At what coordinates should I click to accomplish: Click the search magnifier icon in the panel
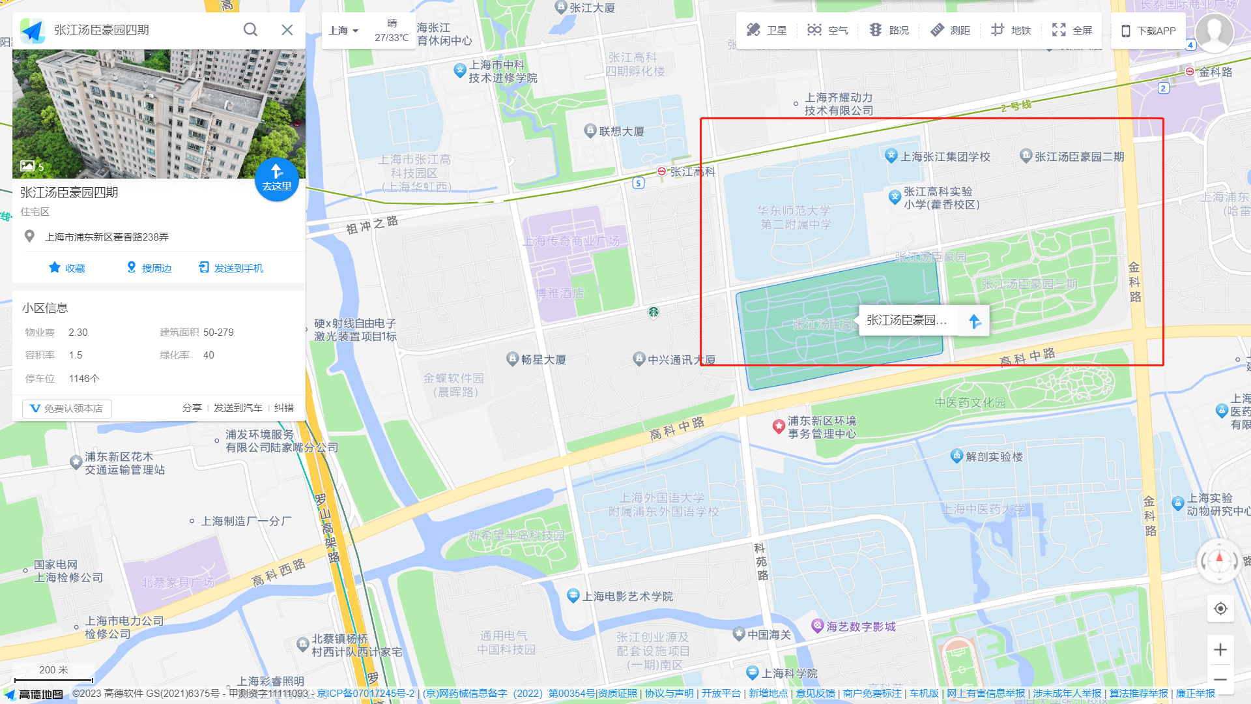pyautogui.click(x=250, y=30)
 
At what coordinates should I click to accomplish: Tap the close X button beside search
pyautogui.click(x=287, y=30)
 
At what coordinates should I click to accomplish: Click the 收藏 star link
pyautogui.click(x=67, y=268)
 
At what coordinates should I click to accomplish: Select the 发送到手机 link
pyautogui.click(x=231, y=268)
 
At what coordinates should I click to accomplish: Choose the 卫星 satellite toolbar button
pyautogui.click(x=766, y=30)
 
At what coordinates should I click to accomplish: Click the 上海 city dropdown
pyautogui.click(x=343, y=31)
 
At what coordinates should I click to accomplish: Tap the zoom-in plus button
pyautogui.click(x=1220, y=649)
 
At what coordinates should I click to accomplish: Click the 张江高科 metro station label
pyautogui.click(x=692, y=171)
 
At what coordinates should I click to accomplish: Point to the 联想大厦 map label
pyautogui.click(x=621, y=131)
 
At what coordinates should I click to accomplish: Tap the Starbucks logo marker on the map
pyautogui.click(x=654, y=312)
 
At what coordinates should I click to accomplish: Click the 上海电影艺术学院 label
pyautogui.click(x=627, y=596)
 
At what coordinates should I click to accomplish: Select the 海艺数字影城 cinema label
pyautogui.click(x=860, y=626)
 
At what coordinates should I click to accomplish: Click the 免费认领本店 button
pyautogui.click(x=67, y=409)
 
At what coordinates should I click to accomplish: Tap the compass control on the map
pyautogui.click(x=1219, y=561)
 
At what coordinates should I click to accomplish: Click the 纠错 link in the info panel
pyautogui.click(x=284, y=408)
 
